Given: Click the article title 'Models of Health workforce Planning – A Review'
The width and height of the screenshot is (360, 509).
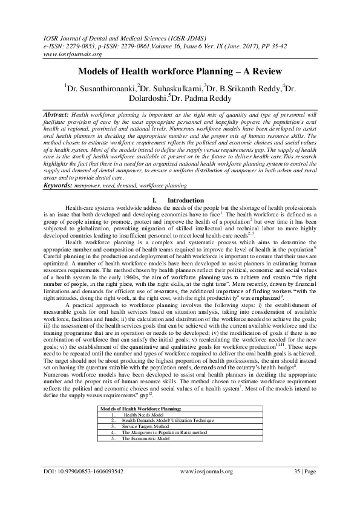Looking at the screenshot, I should pos(180,71).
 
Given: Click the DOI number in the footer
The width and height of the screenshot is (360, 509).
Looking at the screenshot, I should pos(84,487).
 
